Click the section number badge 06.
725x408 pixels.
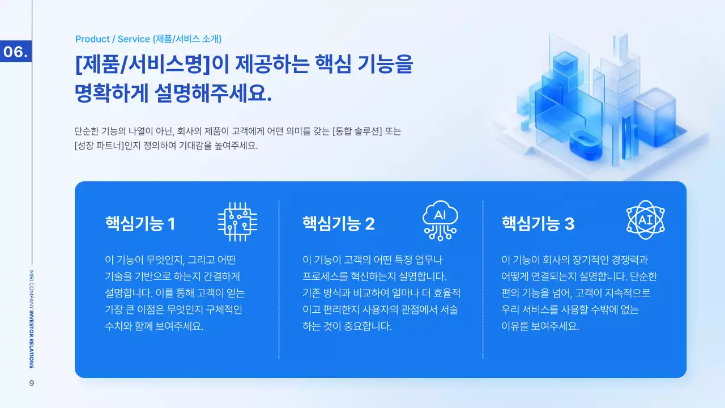16,52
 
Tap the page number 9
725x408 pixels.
32,384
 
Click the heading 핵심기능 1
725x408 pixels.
140,224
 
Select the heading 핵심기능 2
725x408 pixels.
338,224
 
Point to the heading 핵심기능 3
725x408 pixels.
538,224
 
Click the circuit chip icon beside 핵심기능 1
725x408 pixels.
237,222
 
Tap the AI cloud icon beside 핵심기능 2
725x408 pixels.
440,220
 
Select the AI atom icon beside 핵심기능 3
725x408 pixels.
645,220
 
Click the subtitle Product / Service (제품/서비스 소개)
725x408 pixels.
148,39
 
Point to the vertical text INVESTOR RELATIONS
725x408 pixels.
32,340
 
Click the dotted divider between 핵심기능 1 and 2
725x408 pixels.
279,279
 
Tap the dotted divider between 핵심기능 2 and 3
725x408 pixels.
483,279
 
